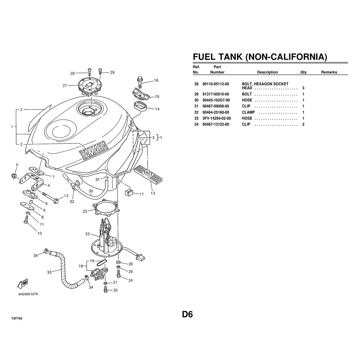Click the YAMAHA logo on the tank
[93, 150]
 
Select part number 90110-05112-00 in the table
[216, 84]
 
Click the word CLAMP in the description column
[248, 112]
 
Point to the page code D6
[187, 314]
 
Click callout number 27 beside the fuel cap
[65, 85]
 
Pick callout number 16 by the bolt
[156, 80]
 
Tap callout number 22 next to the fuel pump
[88, 234]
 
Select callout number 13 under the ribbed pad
[153, 193]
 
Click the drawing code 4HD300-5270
[28, 294]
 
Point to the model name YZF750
[17, 318]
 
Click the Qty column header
[303, 72]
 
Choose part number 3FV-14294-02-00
[217, 118]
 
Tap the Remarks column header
[329, 72]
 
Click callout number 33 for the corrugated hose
[49, 272]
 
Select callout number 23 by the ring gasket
[85, 211]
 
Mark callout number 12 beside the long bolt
[66, 196]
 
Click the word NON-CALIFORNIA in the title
[286, 57]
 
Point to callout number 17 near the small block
[142, 194]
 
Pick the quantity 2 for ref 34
[303, 124]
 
